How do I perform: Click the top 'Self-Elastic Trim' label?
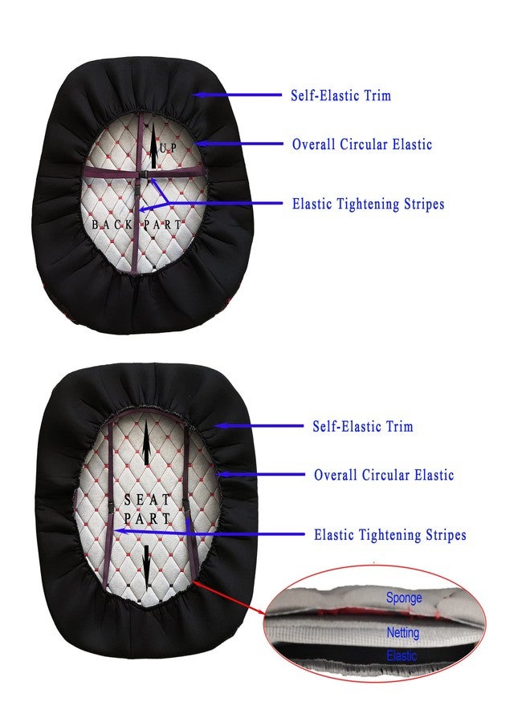340,95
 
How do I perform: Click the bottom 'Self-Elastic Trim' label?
363,426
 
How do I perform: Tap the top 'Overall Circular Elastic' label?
362,144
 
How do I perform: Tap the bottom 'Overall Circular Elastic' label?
384,475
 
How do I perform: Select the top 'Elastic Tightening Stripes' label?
369,204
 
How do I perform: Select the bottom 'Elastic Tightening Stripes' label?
390,534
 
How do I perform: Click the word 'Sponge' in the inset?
404,598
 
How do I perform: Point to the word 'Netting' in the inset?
403,633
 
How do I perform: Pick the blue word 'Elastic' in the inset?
402,655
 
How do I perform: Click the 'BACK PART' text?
137,225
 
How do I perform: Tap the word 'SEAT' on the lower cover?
147,499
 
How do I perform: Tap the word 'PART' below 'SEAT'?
147,518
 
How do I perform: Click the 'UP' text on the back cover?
168,148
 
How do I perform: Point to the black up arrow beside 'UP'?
153,147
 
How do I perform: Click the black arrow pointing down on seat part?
147,567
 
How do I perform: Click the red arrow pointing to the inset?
229,598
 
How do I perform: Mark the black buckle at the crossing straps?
144,176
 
